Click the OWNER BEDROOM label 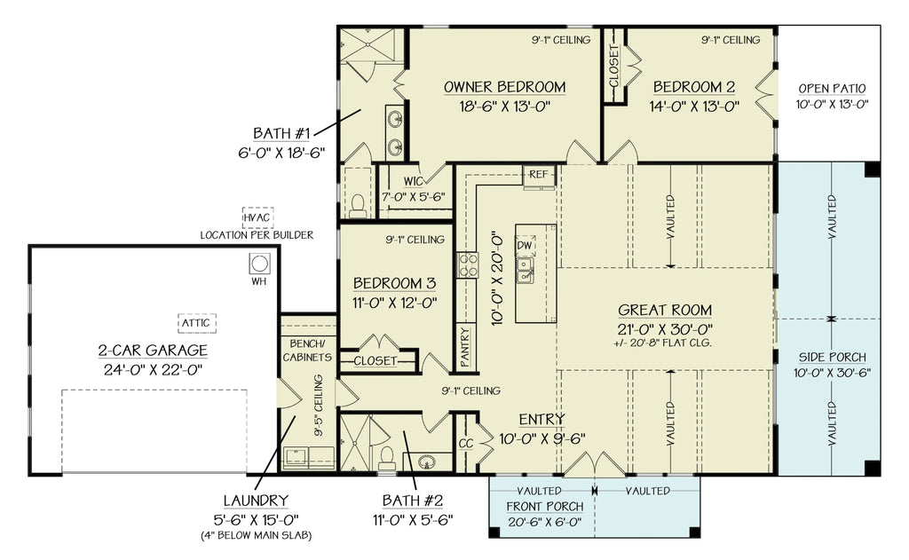[x=504, y=87]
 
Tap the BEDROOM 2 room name [x=693, y=87]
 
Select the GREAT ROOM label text [x=665, y=310]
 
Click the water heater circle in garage [x=259, y=264]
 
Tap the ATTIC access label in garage [x=193, y=323]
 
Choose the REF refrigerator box [x=539, y=175]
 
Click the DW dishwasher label [x=525, y=244]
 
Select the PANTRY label [x=465, y=346]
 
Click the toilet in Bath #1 [x=358, y=206]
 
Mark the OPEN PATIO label [x=831, y=88]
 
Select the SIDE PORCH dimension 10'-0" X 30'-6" [x=832, y=372]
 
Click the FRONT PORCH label [x=545, y=506]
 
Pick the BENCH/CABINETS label [x=307, y=350]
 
